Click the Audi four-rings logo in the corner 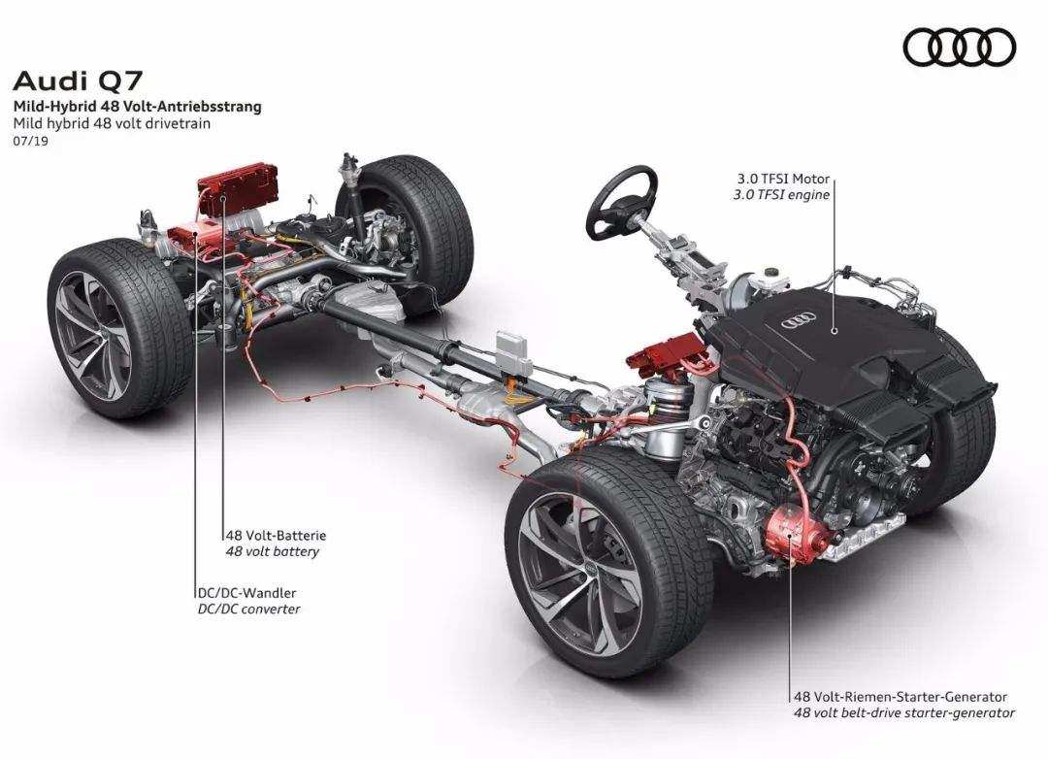[959, 48]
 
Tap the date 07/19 [30, 141]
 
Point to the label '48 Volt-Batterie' [276, 535]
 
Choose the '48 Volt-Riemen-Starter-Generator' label [901, 696]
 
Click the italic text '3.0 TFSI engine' [781, 195]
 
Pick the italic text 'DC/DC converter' [248, 609]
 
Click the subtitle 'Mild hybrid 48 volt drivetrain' [112, 123]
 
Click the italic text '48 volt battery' [272, 551]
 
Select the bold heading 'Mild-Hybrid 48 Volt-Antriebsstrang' [137, 106]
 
